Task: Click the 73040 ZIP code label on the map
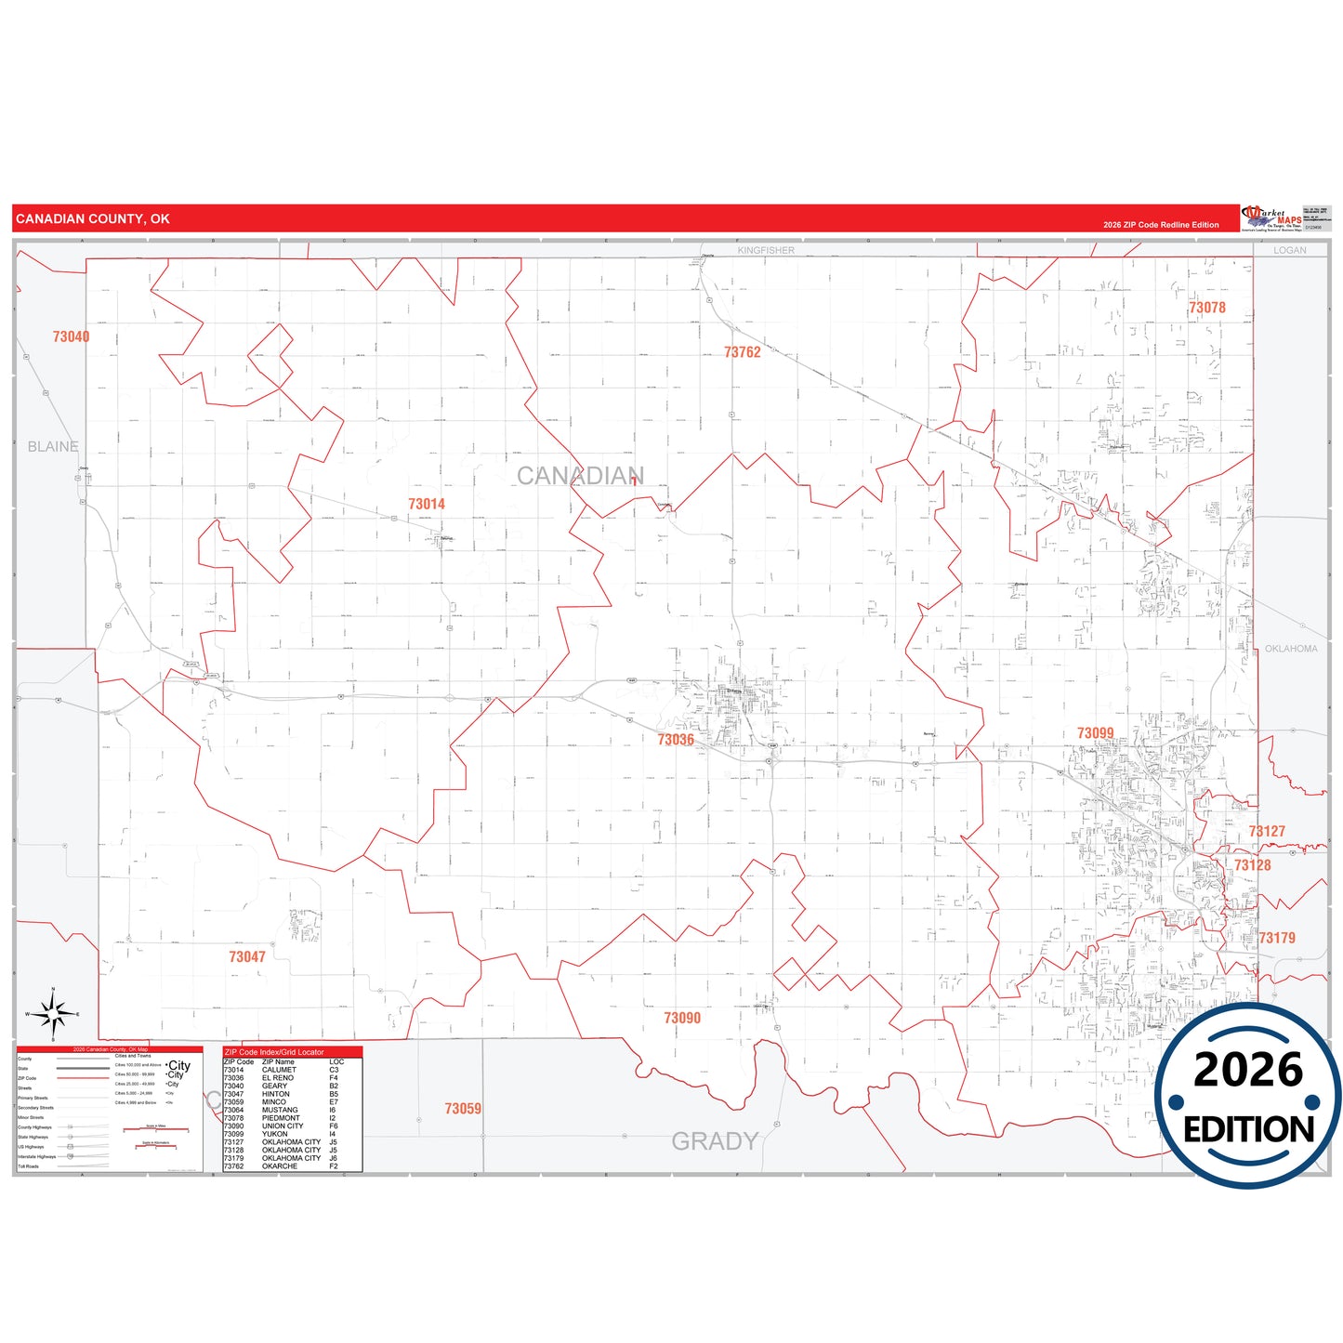tap(71, 336)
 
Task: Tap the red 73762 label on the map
tap(742, 352)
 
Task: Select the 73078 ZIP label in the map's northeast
tap(1206, 308)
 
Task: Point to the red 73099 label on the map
tap(1095, 733)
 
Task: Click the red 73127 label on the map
tap(1266, 832)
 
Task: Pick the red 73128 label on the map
tap(1252, 865)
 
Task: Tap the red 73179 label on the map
tap(1276, 938)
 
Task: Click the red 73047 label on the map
tap(247, 956)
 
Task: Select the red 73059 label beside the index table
tap(462, 1109)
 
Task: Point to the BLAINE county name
tap(53, 447)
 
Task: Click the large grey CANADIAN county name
tap(579, 476)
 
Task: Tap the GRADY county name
tap(715, 1141)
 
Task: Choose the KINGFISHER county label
tap(766, 250)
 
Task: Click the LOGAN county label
tap(1289, 250)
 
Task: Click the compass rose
tap(53, 1014)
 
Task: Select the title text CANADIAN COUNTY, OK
tap(93, 219)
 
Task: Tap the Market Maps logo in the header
tap(1271, 218)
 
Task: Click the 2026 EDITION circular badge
tap(1248, 1097)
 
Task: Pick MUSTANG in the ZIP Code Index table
tap(280, 1110)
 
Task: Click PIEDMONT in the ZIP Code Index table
tap(281, 1118)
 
